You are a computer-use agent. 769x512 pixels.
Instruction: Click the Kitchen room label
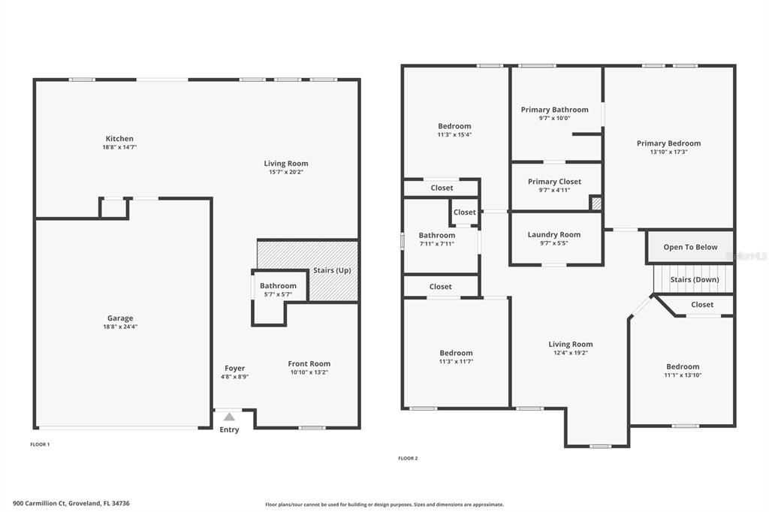(x=119, y=139)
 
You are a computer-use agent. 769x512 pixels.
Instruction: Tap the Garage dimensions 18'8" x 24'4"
(x=120, y=327)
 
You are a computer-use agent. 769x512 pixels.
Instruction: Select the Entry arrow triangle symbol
(x=229, y=417)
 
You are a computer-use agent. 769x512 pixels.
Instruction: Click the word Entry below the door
(x=229, y=430)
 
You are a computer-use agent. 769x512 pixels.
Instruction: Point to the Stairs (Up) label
(x=332, y=270)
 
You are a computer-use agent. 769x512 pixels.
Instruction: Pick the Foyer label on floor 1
(x=234, y=369)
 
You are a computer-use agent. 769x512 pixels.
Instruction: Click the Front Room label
(x=309, y=364)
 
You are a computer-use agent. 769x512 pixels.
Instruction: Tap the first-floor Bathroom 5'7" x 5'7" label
(x=278, y=286)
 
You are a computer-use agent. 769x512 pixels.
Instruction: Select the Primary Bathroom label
(x=554, y=110)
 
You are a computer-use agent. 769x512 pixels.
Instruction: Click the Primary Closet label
(x=554, y=182)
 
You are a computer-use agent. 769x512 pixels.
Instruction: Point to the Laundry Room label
(x=554, y=235)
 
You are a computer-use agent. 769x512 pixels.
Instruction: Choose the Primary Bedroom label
(x=668, y=143)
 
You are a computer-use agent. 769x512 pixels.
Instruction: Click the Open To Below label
(x=690, y=247)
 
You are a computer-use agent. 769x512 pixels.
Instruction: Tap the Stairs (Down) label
(x=694, y=280)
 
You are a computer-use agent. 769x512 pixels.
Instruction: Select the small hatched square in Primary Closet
(x=596, y=203)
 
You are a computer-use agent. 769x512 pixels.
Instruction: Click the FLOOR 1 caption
(x=40, y=444)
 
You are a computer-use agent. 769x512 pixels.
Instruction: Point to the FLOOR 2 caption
(x=408, y=458)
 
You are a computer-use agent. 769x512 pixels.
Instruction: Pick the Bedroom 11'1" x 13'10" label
(x=683, y=367)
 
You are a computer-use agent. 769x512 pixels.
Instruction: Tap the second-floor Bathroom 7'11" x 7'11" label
(x=437, y=236)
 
